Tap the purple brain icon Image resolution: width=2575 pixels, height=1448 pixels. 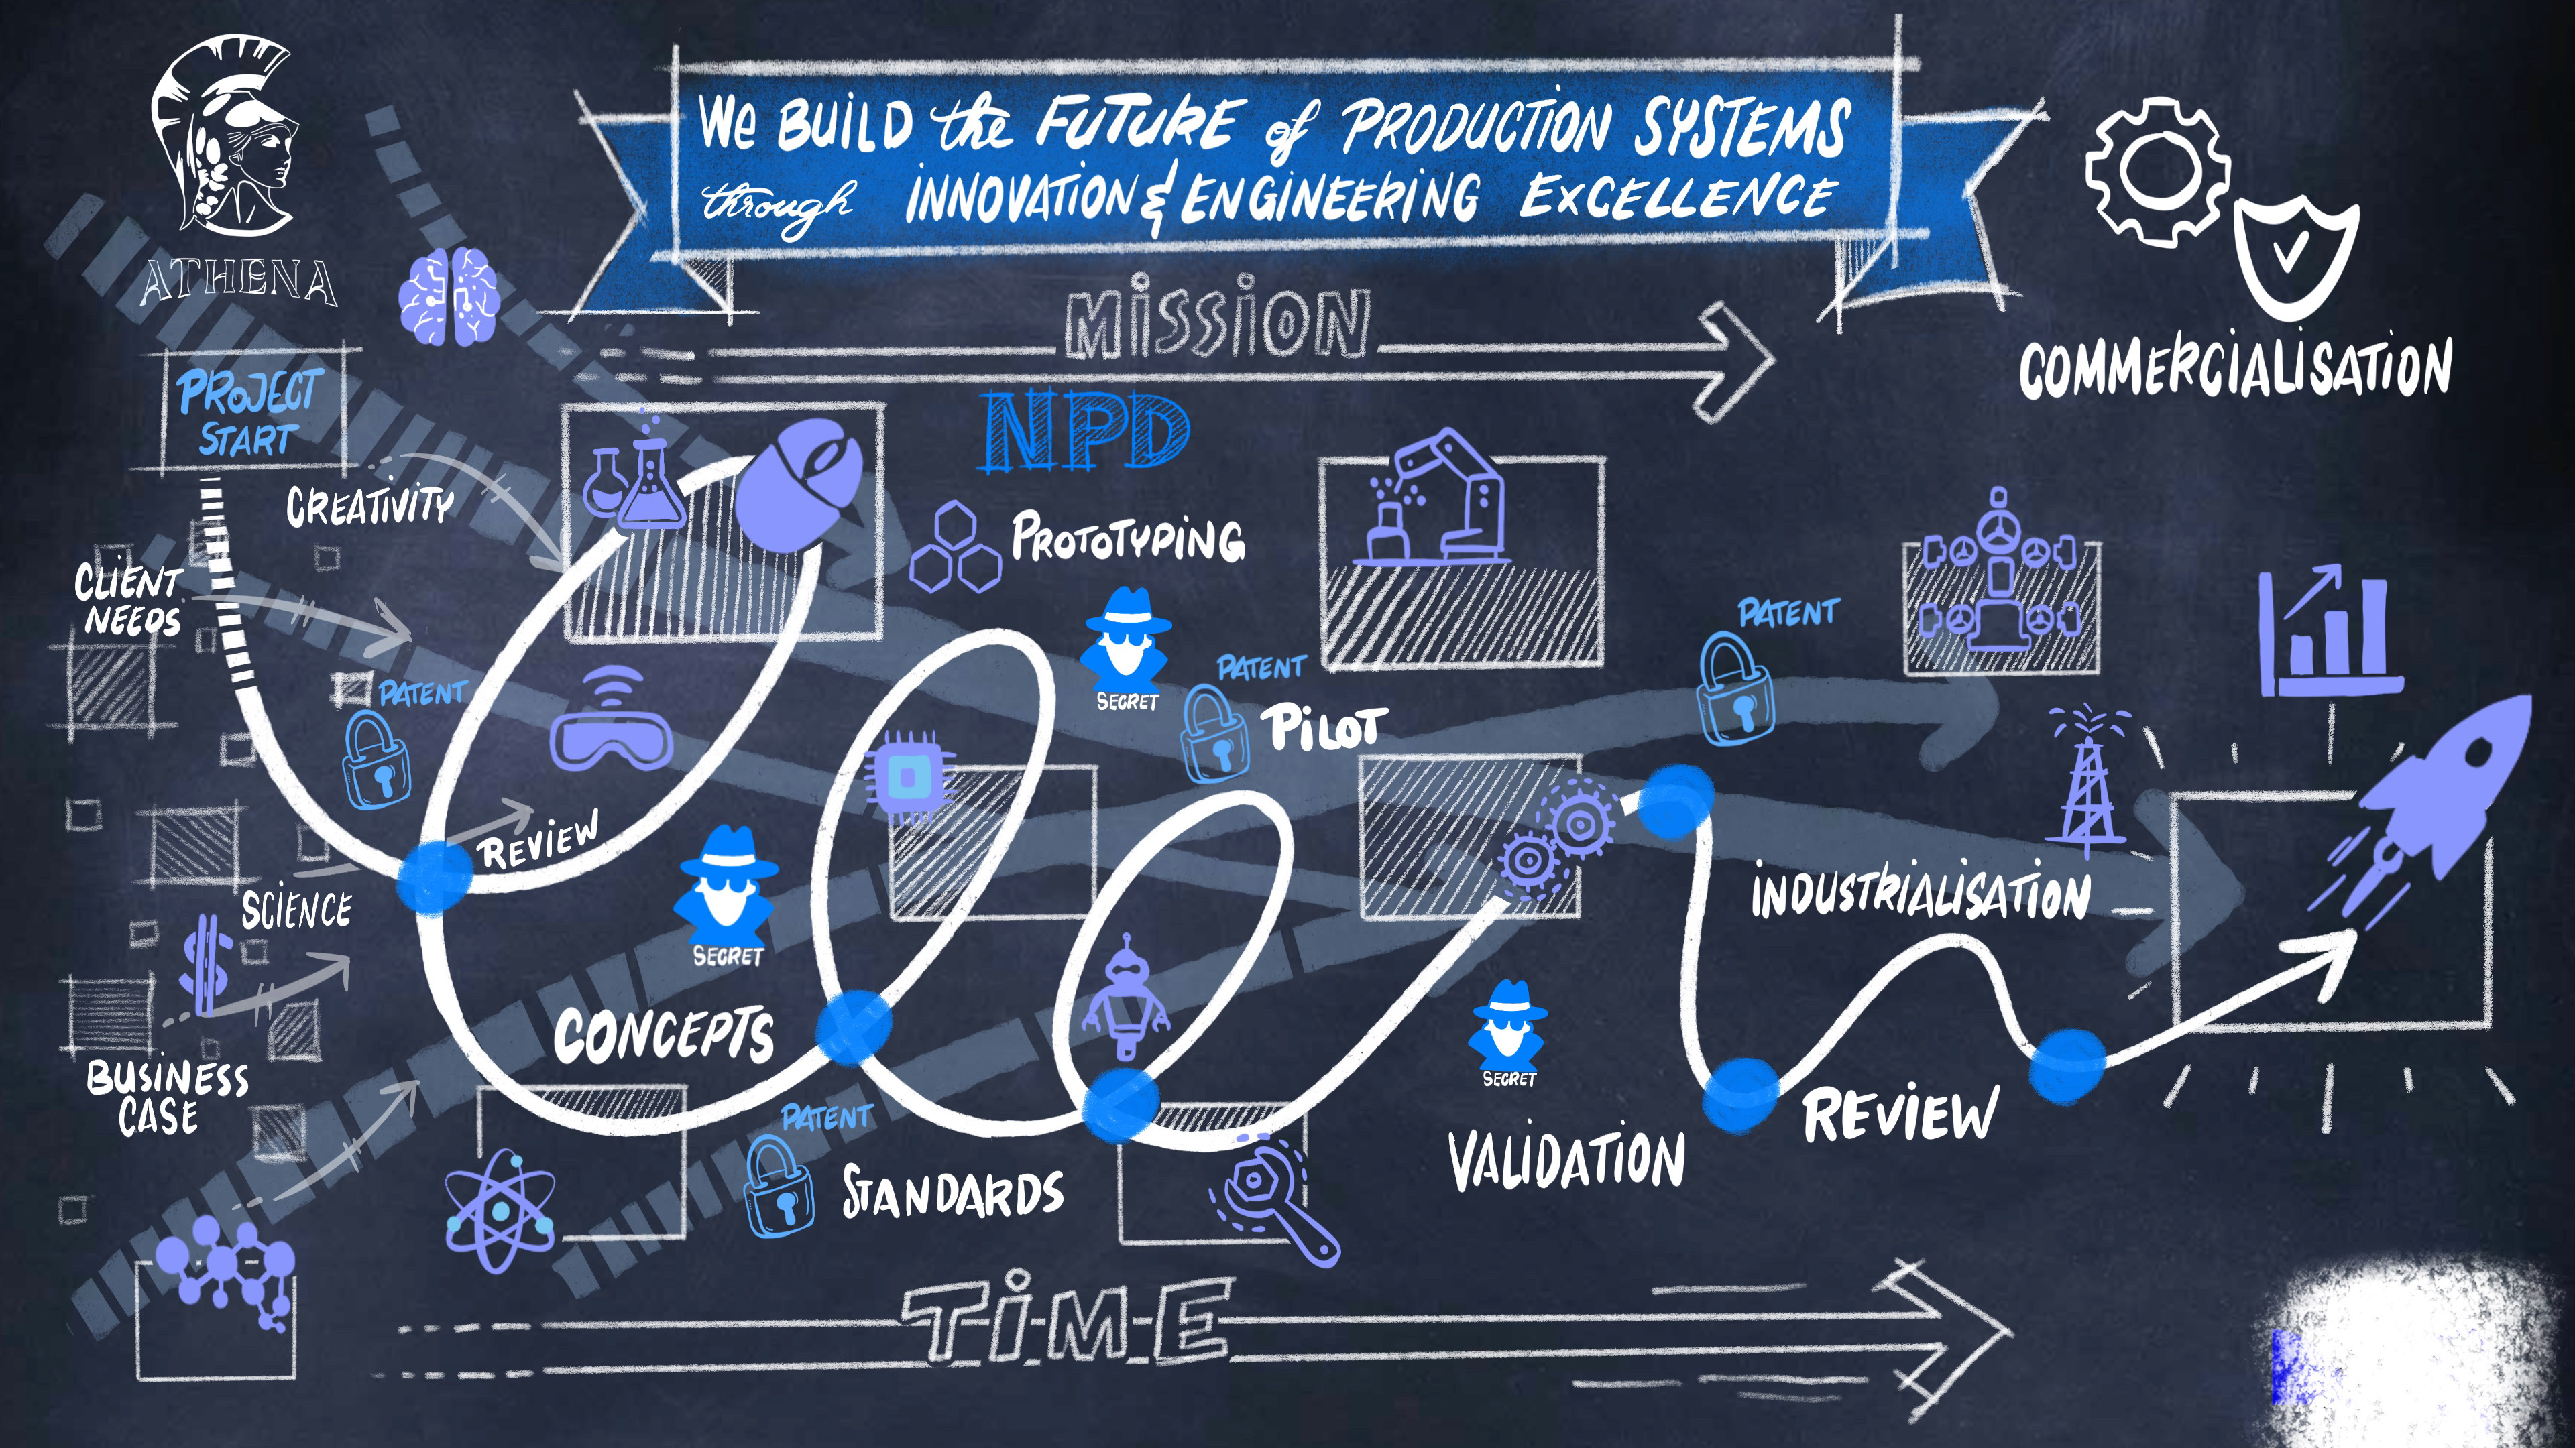click(448, 297)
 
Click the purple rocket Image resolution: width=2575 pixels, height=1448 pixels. click(2429, 800)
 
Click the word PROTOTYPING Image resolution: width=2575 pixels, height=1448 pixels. click(1127, 538)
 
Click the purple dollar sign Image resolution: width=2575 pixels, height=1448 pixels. click(207, 965)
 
